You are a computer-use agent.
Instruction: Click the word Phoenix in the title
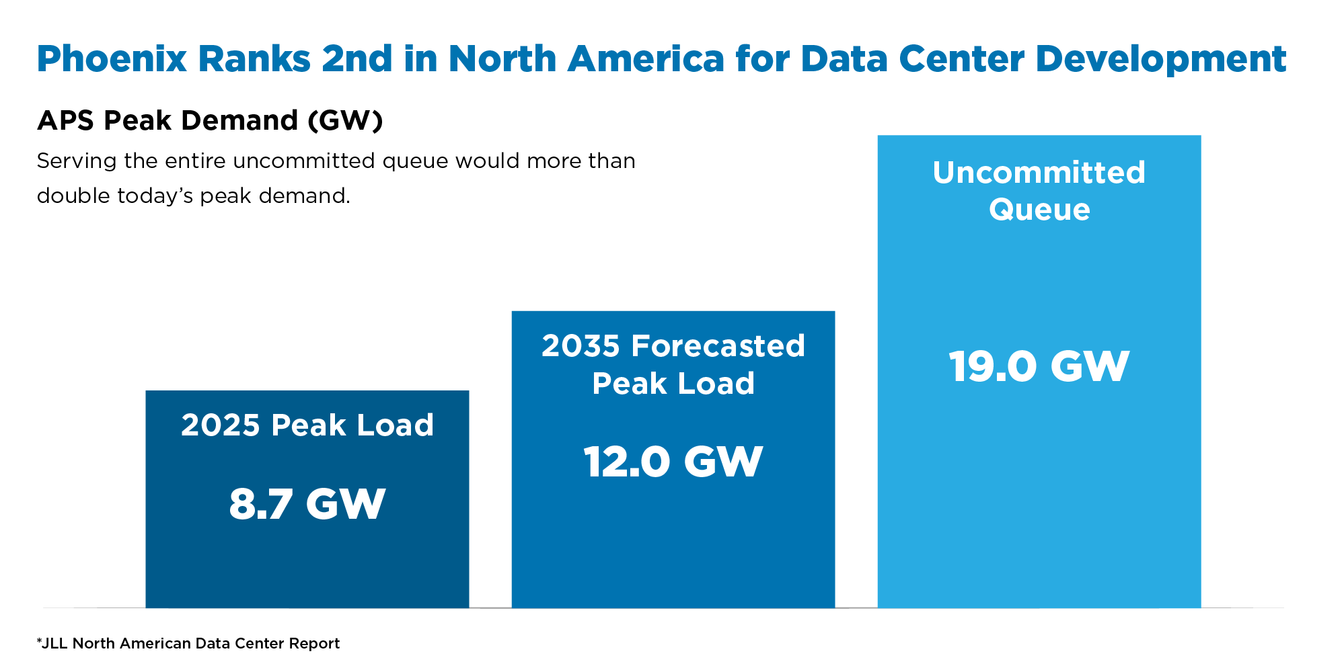point(111,59)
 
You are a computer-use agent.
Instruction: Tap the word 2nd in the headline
point(357,59)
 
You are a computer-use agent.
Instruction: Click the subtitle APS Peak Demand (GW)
point(210,121)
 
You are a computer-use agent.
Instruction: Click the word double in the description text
point(73,196)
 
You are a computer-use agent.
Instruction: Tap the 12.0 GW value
point(673,462)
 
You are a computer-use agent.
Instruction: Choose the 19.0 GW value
point(1039,367)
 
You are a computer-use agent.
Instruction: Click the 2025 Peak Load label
point(307,425)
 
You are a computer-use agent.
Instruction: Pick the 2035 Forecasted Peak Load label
point(673,365)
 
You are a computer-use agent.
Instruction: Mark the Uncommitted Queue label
point(1039,191)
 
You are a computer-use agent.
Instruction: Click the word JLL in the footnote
point(55,644)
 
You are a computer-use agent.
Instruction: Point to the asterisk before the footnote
point(39,642)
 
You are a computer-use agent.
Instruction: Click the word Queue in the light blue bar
point(1039,210)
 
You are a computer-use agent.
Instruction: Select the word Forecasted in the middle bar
point(718,347)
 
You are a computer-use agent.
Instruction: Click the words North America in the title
point(586,59)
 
